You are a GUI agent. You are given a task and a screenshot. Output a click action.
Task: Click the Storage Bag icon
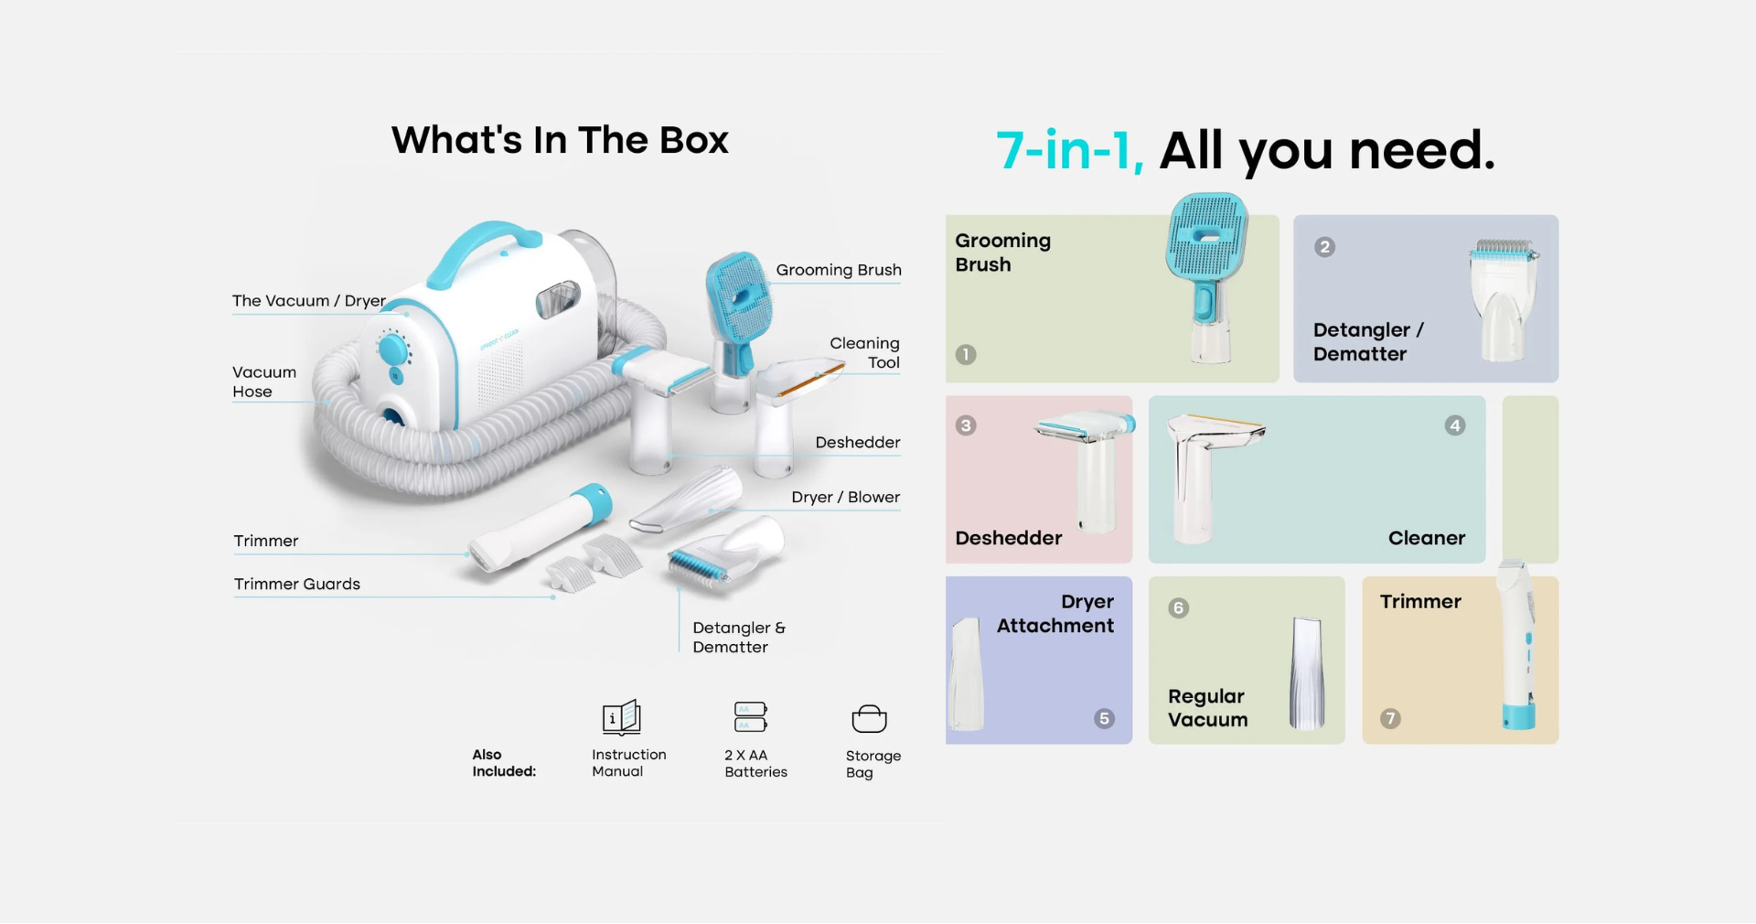(869, 719)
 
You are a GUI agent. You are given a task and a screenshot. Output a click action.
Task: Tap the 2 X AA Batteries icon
(751, 716)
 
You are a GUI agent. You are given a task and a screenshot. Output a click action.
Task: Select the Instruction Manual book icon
(622, 717)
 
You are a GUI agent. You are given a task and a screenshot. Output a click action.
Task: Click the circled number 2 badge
(1324, 247)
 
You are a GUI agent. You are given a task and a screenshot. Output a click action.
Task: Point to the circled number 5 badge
(1104, 718)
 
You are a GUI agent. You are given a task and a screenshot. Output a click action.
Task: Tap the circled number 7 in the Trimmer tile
(1390, 718)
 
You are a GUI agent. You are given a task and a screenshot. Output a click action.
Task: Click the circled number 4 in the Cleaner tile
(1454, 425)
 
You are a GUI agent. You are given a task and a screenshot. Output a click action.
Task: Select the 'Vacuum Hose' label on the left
(264, 381)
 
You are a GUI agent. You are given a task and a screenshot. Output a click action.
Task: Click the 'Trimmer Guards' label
(297, 584)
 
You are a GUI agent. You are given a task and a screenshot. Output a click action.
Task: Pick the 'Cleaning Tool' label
(864, 352)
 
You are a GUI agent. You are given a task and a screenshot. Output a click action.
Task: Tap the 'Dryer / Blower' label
(845, 497)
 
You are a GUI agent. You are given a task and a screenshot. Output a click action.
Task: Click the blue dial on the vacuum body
(393, 349)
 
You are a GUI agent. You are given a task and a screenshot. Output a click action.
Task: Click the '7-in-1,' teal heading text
(1069, 150)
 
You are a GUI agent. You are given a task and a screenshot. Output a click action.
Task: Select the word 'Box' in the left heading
(694, 140)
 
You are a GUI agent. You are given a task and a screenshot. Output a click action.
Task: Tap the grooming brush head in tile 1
(1207, 235)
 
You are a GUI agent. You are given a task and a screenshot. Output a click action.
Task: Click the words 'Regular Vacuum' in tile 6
(1207, 708)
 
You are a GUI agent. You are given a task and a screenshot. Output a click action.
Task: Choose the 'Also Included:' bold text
(504, 763)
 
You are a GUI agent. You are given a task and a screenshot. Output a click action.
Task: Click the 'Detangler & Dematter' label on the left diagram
(739, 637)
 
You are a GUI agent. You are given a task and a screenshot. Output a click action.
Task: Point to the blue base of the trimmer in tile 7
(1519, 717)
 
